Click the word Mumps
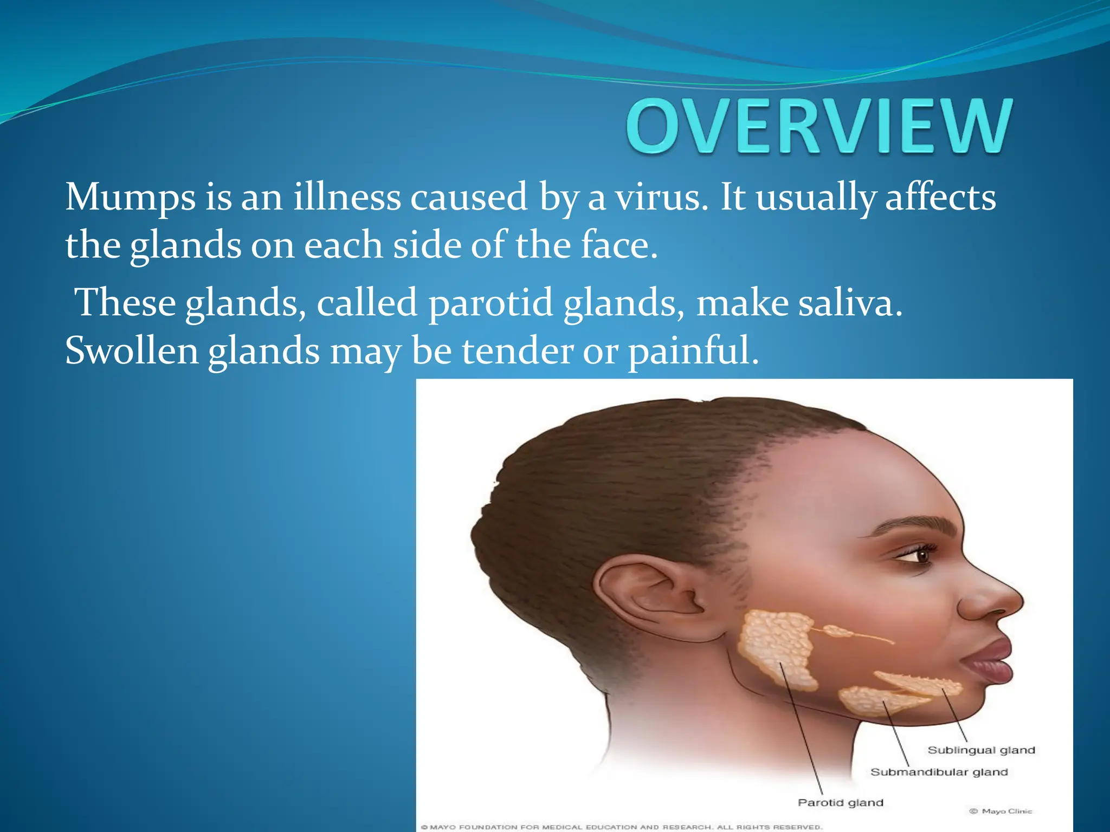130,197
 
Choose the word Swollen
132,350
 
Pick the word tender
517,350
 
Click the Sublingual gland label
981,750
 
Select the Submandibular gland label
939,772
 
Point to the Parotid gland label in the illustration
840,802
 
